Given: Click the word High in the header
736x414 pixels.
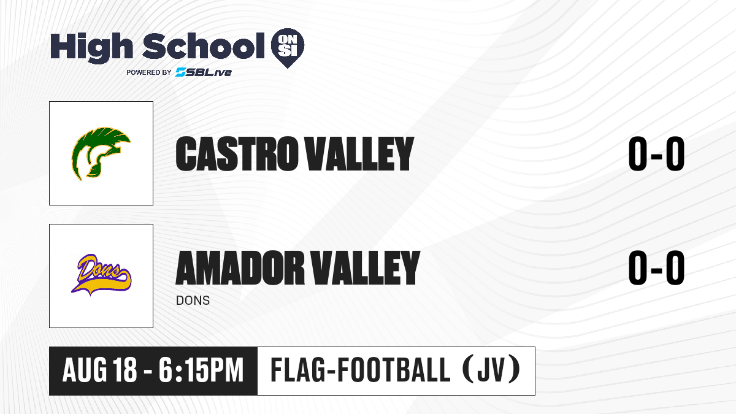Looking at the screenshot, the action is click(91, 48).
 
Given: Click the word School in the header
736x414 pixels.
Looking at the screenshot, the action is click(204, 46).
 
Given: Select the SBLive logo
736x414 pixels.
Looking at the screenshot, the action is click(204, 72).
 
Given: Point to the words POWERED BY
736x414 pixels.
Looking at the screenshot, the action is click(149, 72).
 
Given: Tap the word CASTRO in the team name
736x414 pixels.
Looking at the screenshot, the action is click(236, 154).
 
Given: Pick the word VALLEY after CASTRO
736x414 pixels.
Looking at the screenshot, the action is click(359, 154).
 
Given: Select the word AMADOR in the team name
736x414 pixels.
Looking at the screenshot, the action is click(240, 267).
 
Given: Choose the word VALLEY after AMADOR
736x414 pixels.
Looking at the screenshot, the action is click(366, 267).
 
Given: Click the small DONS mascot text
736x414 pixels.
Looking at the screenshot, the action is click(193, 301).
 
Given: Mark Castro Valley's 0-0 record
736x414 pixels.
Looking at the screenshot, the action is click(656, 154).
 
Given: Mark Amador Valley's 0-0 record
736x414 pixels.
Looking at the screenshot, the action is click(656, 267).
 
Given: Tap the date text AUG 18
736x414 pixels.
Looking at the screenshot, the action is click(99, 370).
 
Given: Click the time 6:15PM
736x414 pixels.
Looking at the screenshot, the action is click(201, 370).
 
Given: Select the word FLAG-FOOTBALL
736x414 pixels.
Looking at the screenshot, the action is click(361, 370).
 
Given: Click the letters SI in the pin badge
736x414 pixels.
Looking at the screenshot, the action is click(288, 52).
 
